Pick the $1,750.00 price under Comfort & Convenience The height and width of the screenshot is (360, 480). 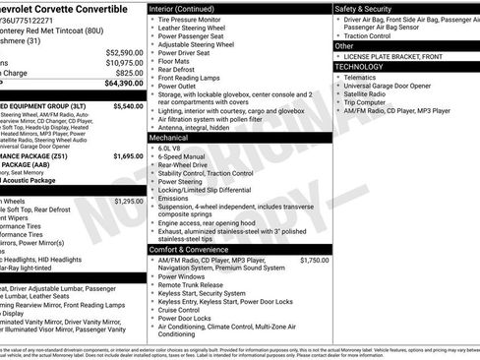point(314,260)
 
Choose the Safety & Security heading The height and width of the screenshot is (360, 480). point(369,8)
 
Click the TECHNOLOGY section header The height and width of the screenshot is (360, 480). point(361,67)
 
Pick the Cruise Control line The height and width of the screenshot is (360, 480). point(185,308)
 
